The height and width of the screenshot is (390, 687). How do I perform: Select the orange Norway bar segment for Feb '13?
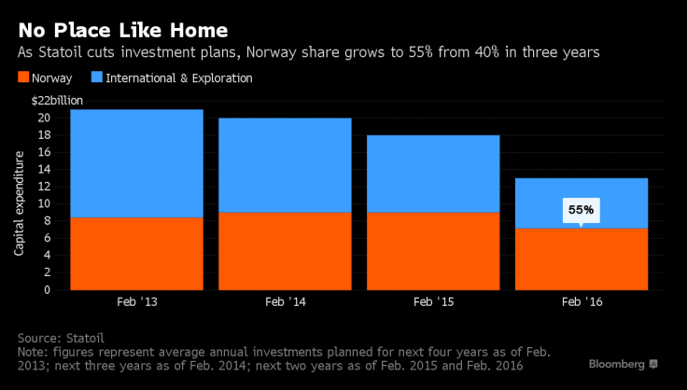136,253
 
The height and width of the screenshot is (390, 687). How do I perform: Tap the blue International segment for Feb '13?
136,163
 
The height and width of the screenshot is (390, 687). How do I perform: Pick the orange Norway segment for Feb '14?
285,251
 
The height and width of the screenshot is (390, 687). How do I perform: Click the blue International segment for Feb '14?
285,165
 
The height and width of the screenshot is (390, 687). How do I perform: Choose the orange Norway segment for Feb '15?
432,251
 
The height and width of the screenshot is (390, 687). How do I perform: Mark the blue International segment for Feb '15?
432,174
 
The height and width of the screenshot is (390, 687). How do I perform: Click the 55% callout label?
581,210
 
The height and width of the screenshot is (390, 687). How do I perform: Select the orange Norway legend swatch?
23,78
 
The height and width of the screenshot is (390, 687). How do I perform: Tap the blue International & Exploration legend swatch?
97,78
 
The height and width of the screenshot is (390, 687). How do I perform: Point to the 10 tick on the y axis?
43,203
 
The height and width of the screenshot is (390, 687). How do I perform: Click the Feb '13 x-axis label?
136,303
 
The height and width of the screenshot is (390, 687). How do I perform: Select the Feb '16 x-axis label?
581,303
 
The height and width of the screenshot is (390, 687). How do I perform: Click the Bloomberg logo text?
614,362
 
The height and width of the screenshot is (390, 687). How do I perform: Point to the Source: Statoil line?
62,337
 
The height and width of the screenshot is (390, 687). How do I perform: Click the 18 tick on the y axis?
43,135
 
